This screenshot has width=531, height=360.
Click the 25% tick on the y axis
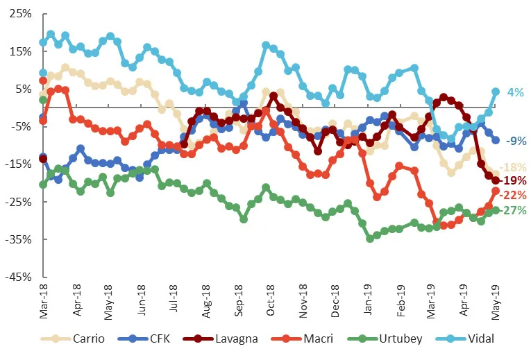pos(19,15)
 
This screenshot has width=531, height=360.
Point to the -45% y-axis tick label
pos(17,277)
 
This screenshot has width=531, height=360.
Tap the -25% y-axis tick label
pos(17,202)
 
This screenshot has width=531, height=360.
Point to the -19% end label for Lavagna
pos(514,181)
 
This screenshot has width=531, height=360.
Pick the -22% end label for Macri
pos(514,195)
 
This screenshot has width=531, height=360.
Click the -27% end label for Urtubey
pos(514,211)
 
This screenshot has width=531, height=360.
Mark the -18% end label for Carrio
pos(514,167)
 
